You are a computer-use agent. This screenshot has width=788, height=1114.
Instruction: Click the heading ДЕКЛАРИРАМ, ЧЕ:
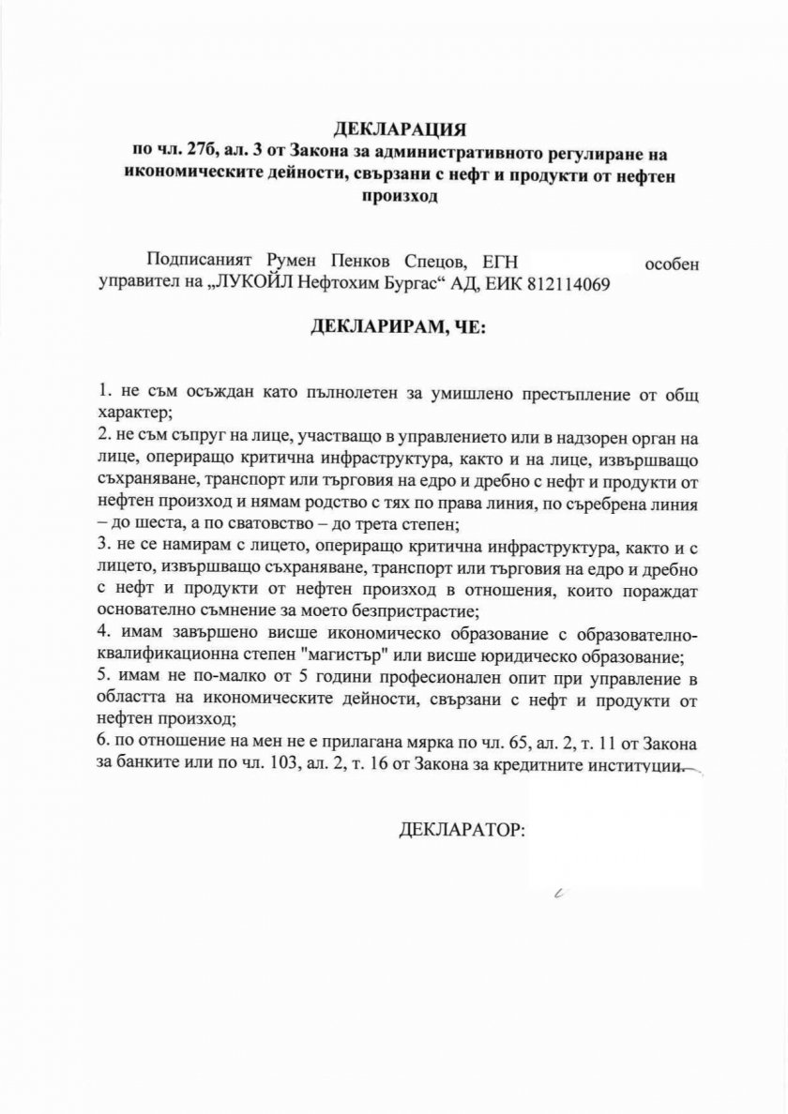(x=393, y=327)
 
